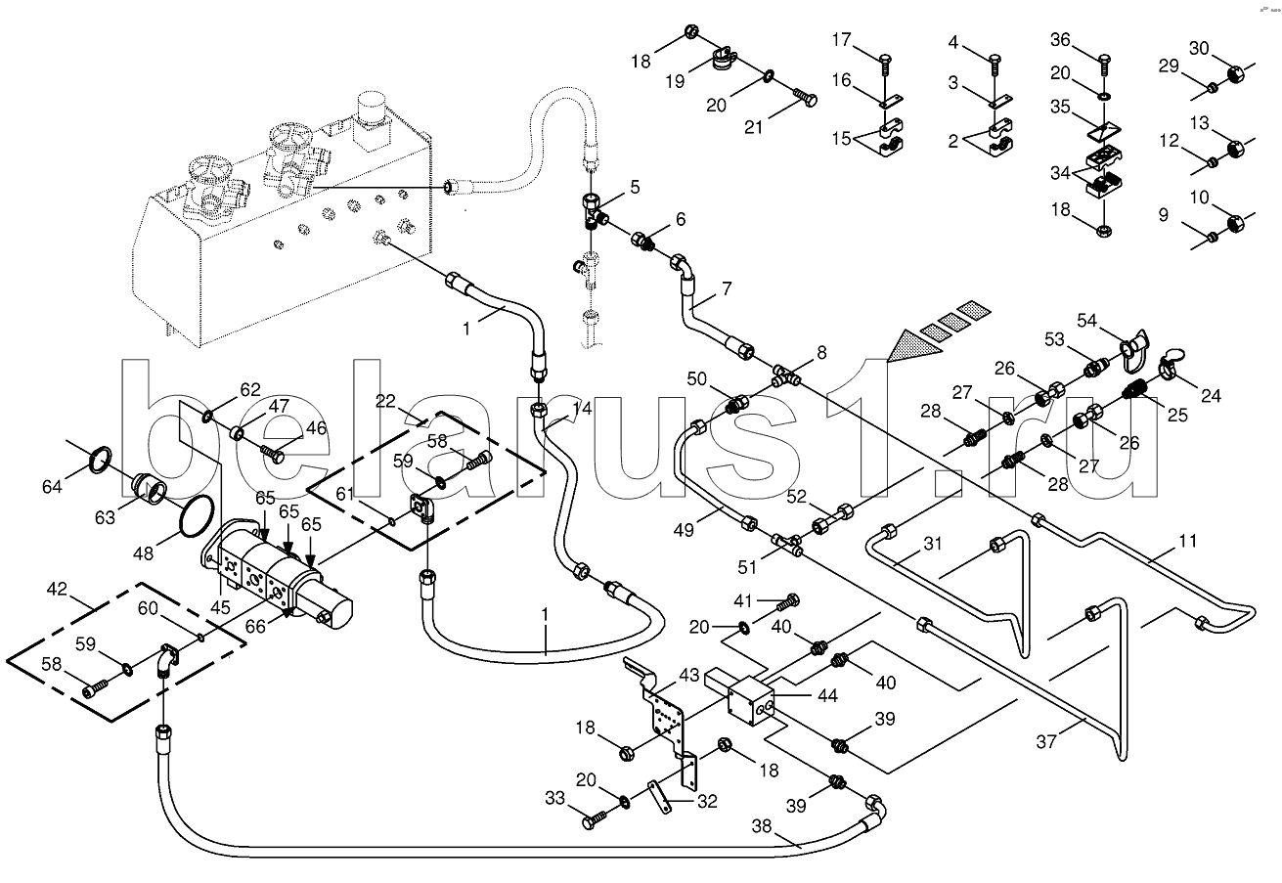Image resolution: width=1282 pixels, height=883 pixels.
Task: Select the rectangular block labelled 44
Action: (x=754, y=701)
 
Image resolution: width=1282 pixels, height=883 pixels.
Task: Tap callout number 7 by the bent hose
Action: (x=727, y=287)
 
